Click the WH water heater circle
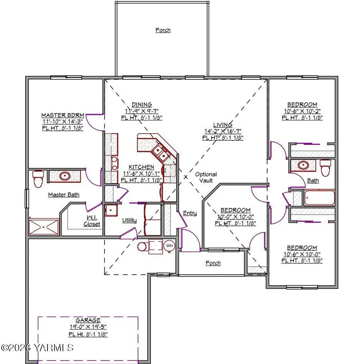(170, 246)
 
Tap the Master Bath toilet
(38, 179)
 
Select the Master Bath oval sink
(65, 176)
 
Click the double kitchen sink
(160, 152)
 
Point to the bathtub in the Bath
(319, 198)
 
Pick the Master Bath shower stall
(44, 227)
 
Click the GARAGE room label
(88, 320)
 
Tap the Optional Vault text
(206, 177)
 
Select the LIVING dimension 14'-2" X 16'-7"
(222, 131)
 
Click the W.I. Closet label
(92, 221)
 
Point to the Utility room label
(129, 220)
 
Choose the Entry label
(190, 213)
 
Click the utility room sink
(111, 210)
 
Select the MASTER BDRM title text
(63, 115)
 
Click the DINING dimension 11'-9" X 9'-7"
(142, 111)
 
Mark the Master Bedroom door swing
(94, 122)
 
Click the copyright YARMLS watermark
(37, 348)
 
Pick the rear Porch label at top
(163, 30)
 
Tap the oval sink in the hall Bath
(303, 165)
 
